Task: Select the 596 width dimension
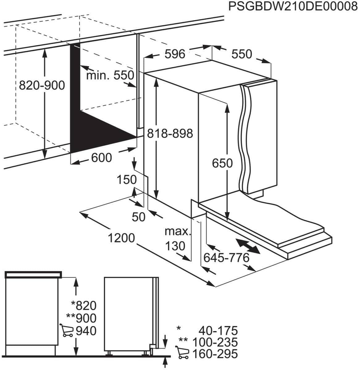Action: click(175, 54)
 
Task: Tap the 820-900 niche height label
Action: click(42, 85)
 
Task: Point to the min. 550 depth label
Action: click(110, 75)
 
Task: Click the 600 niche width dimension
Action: click(101, 158)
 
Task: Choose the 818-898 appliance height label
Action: click(170, 134)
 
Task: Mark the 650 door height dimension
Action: click(222, 163)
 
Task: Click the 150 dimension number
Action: click(127, 179)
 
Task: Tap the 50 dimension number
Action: click(138, 217)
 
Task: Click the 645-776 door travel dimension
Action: click(226, 257)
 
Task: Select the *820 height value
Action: click(84, 305)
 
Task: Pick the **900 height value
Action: click(82, 318)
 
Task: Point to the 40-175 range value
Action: click(218, 331)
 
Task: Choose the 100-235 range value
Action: click(215, 342)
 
